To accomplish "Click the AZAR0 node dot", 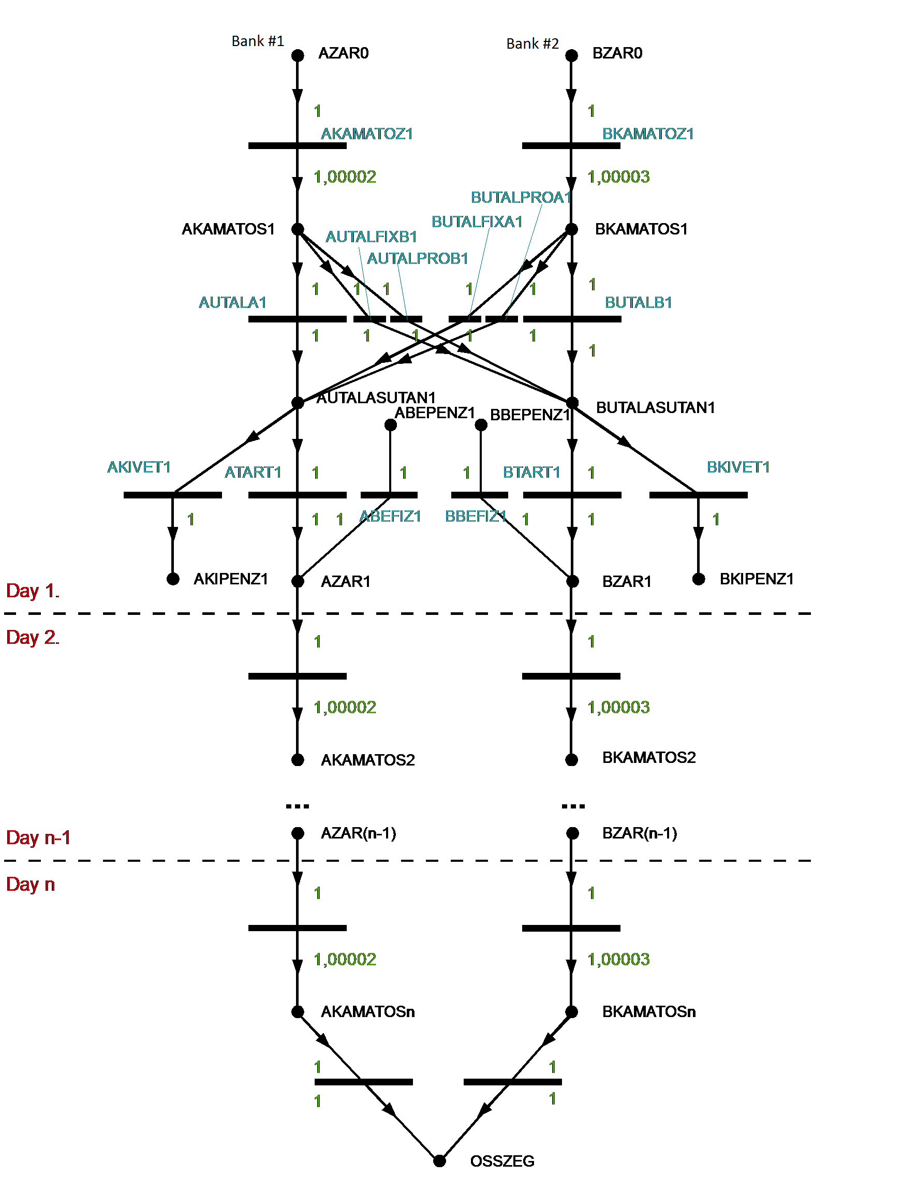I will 298,55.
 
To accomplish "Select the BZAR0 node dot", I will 572,55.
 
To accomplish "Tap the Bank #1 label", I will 258,41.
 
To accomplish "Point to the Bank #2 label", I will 533,43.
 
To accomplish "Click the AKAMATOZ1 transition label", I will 367,134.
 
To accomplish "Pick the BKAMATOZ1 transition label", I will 647,134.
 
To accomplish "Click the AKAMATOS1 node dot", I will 298,229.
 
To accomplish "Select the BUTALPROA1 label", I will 521,197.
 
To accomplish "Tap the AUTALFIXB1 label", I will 371,237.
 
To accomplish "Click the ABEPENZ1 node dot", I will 391,425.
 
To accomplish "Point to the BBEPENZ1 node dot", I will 481,425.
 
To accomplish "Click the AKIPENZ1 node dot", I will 173,579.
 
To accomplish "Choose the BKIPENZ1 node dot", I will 698,579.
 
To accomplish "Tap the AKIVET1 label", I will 139,467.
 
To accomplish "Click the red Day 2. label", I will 32,637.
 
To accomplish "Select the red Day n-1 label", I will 38,837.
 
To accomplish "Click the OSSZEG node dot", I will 440,1160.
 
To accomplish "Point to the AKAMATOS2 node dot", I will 298,760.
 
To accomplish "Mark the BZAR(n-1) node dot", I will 572,833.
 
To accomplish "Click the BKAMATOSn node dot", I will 572,1011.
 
